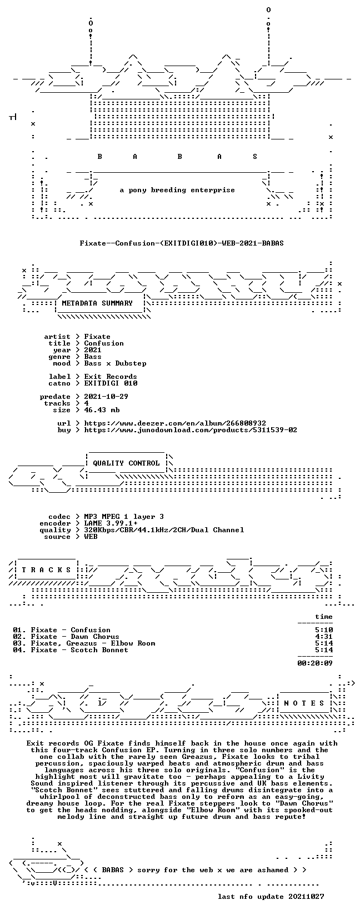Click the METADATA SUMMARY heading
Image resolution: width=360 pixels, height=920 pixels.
[x=97, y=303]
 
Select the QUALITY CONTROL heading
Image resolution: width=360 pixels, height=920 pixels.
[x=126, y=463]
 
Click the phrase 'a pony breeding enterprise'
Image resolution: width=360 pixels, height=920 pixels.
[x=177, y=190]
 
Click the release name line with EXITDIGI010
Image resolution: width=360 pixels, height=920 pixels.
[x=182, y=243]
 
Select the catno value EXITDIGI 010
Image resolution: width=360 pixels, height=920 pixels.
[x=111, y=383]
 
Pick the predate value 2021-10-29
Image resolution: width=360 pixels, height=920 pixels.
[x=106, y=397]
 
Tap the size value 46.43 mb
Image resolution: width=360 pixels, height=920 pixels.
[x=102, y=410]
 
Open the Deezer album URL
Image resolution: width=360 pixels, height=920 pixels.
[x=175, y=423]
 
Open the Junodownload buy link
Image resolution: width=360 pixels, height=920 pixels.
[x=191, y=430]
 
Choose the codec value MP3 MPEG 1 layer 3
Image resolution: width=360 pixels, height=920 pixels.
[x=124, y=517]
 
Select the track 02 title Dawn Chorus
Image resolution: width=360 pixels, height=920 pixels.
[x=95, y=637]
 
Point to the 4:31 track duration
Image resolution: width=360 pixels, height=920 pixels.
[x=324, y=637]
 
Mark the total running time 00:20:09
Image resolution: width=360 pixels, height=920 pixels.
[x=315, y=663]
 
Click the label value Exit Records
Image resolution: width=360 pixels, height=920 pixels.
[x=111, y=377]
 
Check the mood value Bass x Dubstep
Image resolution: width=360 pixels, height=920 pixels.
[x=116, y=363]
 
